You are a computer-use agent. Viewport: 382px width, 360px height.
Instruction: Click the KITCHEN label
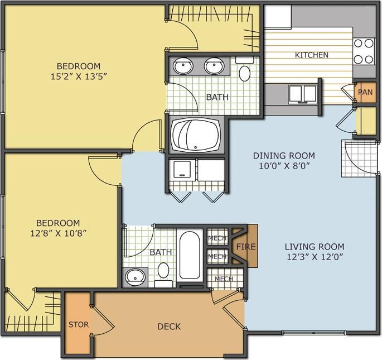coord(311,55)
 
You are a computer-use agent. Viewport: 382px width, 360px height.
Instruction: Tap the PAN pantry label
coord(365,92)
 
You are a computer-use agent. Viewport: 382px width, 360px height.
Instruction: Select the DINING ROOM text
coord(284,155)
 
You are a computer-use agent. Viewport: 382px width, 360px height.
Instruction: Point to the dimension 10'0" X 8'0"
coord(284,165)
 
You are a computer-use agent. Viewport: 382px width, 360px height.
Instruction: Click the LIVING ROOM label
coord(315,246)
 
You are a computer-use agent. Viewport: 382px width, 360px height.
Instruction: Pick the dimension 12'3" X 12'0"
coord(315,256)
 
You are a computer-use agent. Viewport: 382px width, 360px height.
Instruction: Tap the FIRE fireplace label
coord(245,246)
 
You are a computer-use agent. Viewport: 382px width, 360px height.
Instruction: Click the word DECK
coord(168,326)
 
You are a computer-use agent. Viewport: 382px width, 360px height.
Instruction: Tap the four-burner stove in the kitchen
coord(364,51)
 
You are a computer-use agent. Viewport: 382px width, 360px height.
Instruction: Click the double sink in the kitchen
coord(302,94)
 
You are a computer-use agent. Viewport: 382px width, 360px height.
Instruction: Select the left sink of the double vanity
coord(182,67)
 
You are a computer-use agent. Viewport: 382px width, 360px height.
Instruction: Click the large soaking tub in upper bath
coord(195,134)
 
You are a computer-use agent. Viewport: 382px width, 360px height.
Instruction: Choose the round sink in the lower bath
coord(134,276)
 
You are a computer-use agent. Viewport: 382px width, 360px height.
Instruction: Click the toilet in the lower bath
coord(163,273)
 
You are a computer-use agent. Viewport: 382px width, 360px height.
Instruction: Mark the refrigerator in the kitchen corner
coord(277,17)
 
